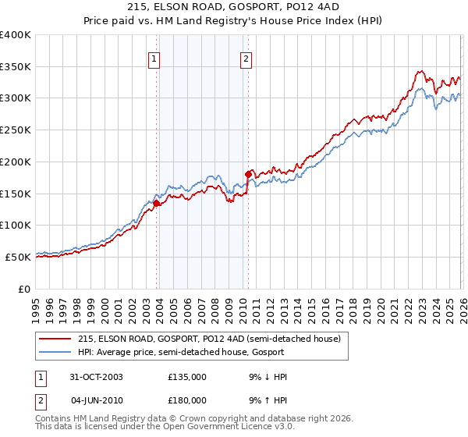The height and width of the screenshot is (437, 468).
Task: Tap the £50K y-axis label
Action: point(18,257)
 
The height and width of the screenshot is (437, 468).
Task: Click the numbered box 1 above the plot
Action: point(154,58)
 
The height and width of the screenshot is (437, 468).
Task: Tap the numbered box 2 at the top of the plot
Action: point(246,58)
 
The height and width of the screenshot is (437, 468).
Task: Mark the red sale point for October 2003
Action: point(157,203)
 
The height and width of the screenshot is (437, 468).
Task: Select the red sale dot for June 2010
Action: point(248,174)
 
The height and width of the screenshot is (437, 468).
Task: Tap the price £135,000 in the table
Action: point(187,377)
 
